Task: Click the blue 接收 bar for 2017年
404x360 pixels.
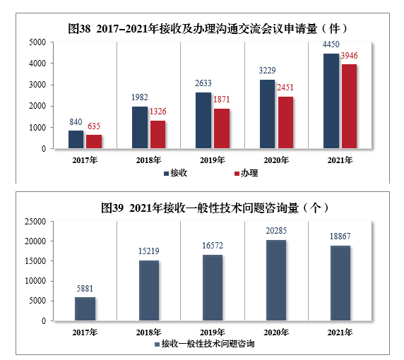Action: click(76, 139)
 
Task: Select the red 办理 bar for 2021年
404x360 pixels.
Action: click(349, 106)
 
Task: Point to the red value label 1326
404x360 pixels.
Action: click(159, 113)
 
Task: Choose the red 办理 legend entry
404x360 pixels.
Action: click(245, 173)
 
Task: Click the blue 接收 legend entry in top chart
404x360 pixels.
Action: click(174, 173)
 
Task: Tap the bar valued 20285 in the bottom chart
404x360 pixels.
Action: click(276, 280)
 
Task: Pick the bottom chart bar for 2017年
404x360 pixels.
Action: click(85, 308)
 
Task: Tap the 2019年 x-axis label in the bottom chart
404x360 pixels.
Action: click(212, 332)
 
